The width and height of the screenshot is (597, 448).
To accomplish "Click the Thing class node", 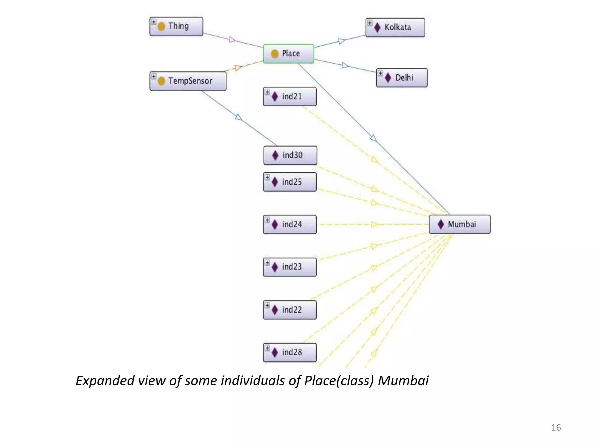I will click(176, 27).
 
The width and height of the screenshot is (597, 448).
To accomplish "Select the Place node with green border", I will click(288, 54).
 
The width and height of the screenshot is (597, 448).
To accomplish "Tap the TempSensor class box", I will click(188, 81).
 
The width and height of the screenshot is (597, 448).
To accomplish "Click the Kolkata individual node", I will click(395, 28).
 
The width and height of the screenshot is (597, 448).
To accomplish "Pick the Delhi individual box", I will click(402, 78).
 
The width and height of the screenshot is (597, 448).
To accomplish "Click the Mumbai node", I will click(459, 224).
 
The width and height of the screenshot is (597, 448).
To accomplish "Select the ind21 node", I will click(289, 97).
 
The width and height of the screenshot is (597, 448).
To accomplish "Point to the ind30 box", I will click(290, 155).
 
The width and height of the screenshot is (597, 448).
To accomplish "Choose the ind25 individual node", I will click(289, 182).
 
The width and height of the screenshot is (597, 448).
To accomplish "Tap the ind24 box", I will click(289, 225).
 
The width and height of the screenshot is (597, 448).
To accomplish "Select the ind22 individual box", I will click(289, 310).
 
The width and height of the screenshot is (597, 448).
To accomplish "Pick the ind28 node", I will click(289, 352).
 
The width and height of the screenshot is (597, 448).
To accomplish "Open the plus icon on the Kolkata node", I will click(370, 23).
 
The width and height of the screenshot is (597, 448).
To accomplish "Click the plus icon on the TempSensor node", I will click(154, 76).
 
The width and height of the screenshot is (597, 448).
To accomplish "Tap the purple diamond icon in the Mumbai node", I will click(441, 224).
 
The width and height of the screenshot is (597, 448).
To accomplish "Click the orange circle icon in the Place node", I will click(275, 54).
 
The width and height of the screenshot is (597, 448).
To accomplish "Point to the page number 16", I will click(556, 428).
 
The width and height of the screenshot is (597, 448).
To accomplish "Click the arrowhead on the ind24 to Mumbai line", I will click(375, 225).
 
